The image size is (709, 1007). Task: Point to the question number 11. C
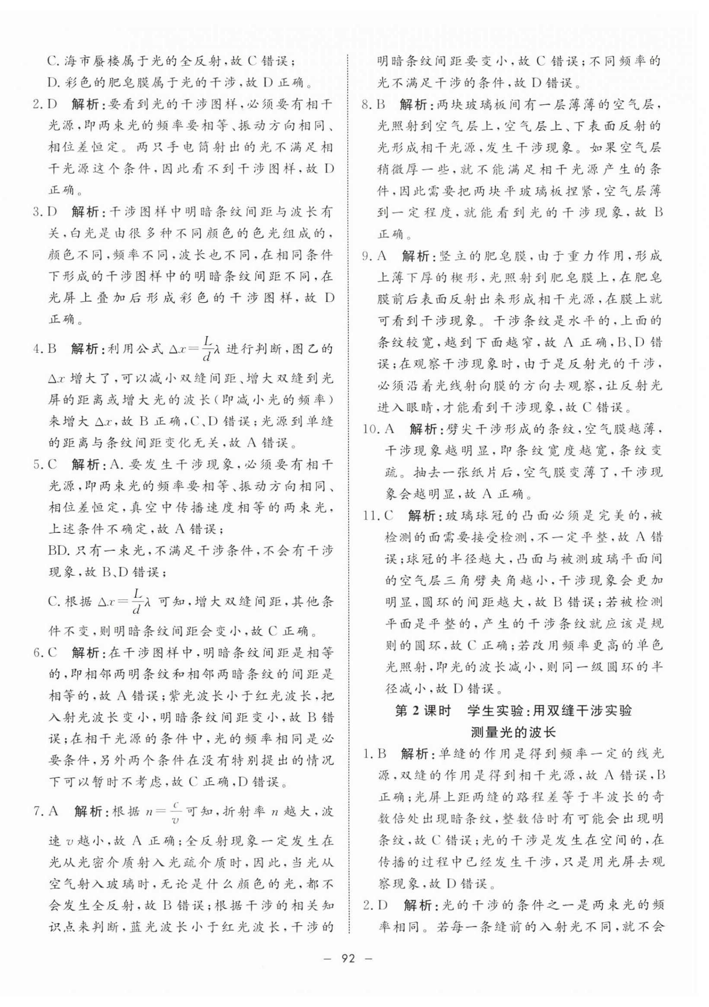coord(378,516)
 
